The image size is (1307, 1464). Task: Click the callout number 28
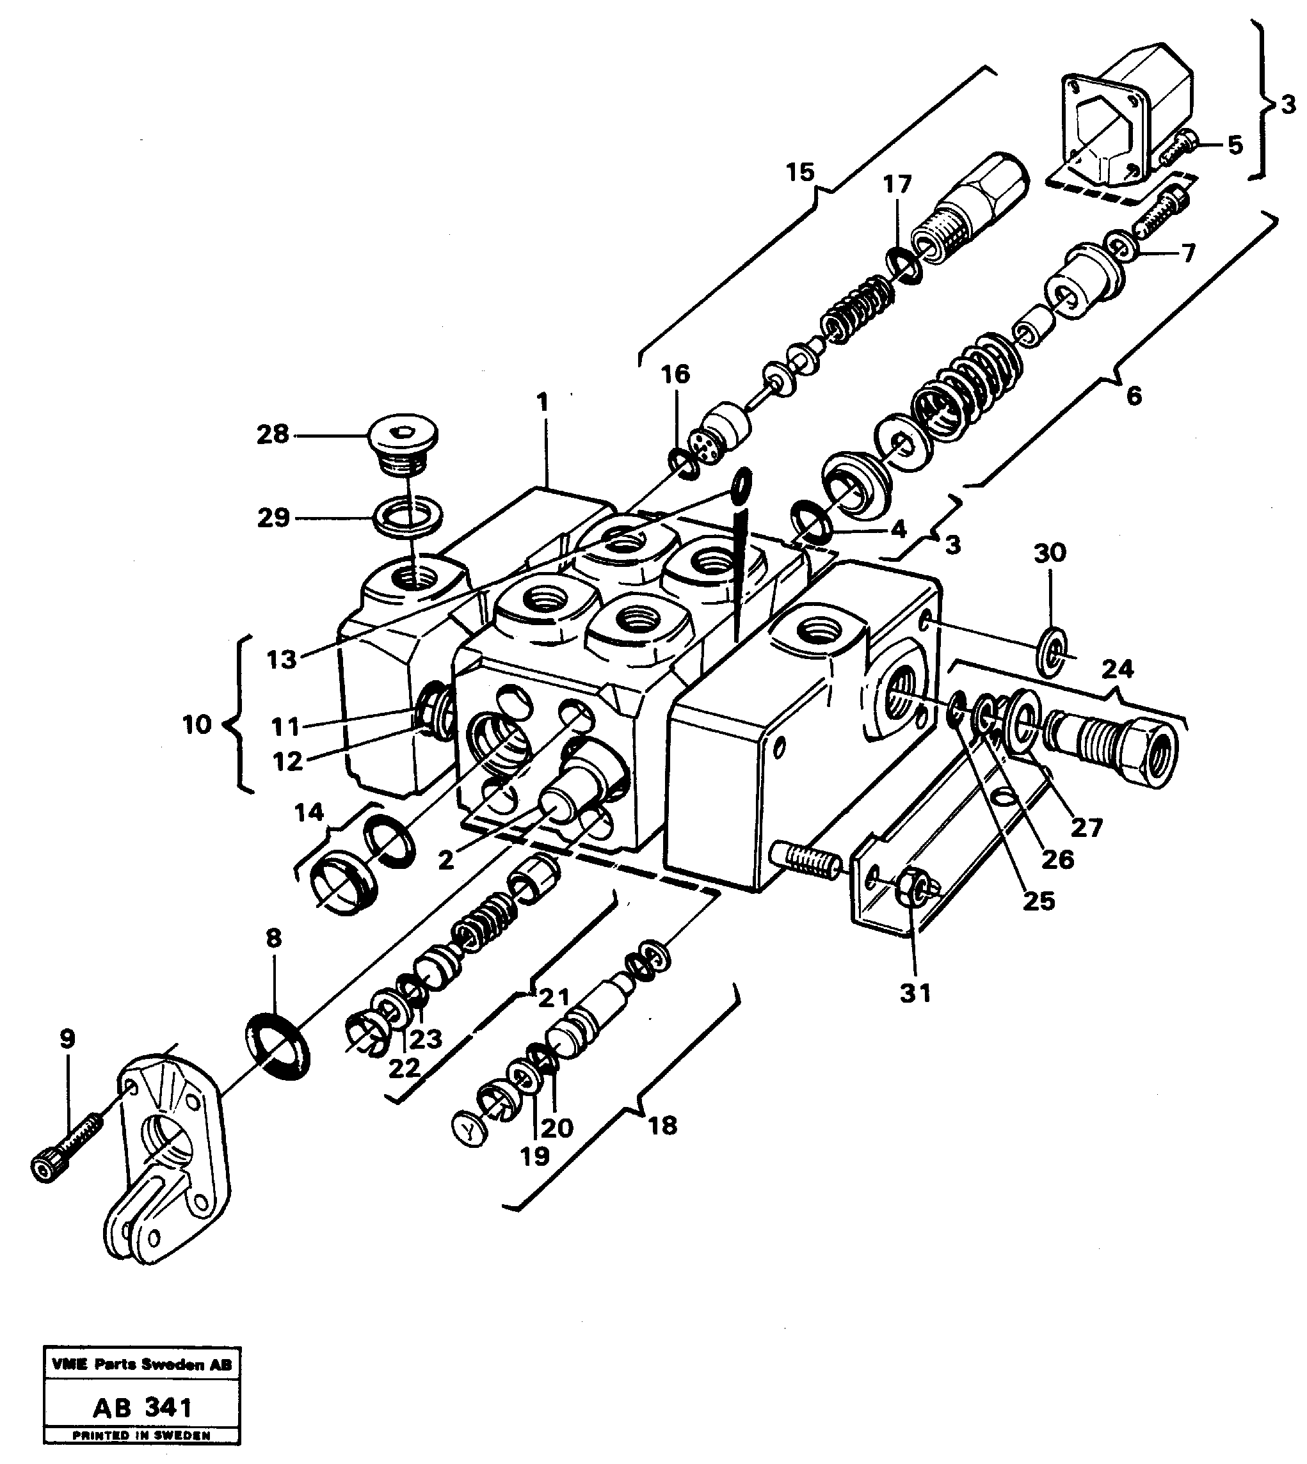click(x=273, y=434)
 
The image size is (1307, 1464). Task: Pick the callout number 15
click(x=800, y=173)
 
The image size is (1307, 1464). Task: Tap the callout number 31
click(x=915, y=993)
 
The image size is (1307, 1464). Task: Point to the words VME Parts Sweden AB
click(x=142, y=1365)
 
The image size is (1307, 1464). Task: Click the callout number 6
click(x=1133, y=395)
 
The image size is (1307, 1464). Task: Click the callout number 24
click(x=1118, y=669)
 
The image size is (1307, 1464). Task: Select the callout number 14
click(x=309, y=812)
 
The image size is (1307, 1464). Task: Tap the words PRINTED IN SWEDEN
click(x=142, y=1436)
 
